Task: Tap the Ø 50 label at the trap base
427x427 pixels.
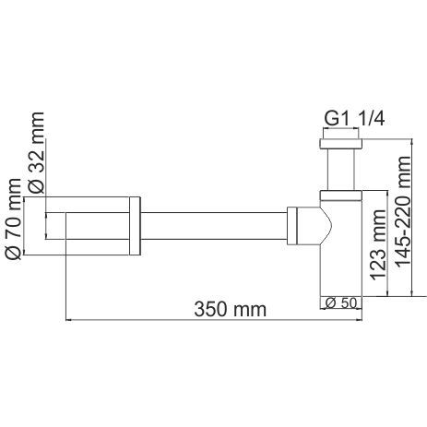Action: click(339, 302)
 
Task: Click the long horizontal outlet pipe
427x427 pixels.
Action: click(212, 226)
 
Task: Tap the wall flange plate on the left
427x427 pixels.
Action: click(136, 227)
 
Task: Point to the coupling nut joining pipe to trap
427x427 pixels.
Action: click(292, 226)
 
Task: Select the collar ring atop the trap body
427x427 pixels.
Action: click(339, 195)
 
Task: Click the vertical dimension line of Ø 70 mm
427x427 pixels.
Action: click(29, 226)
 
